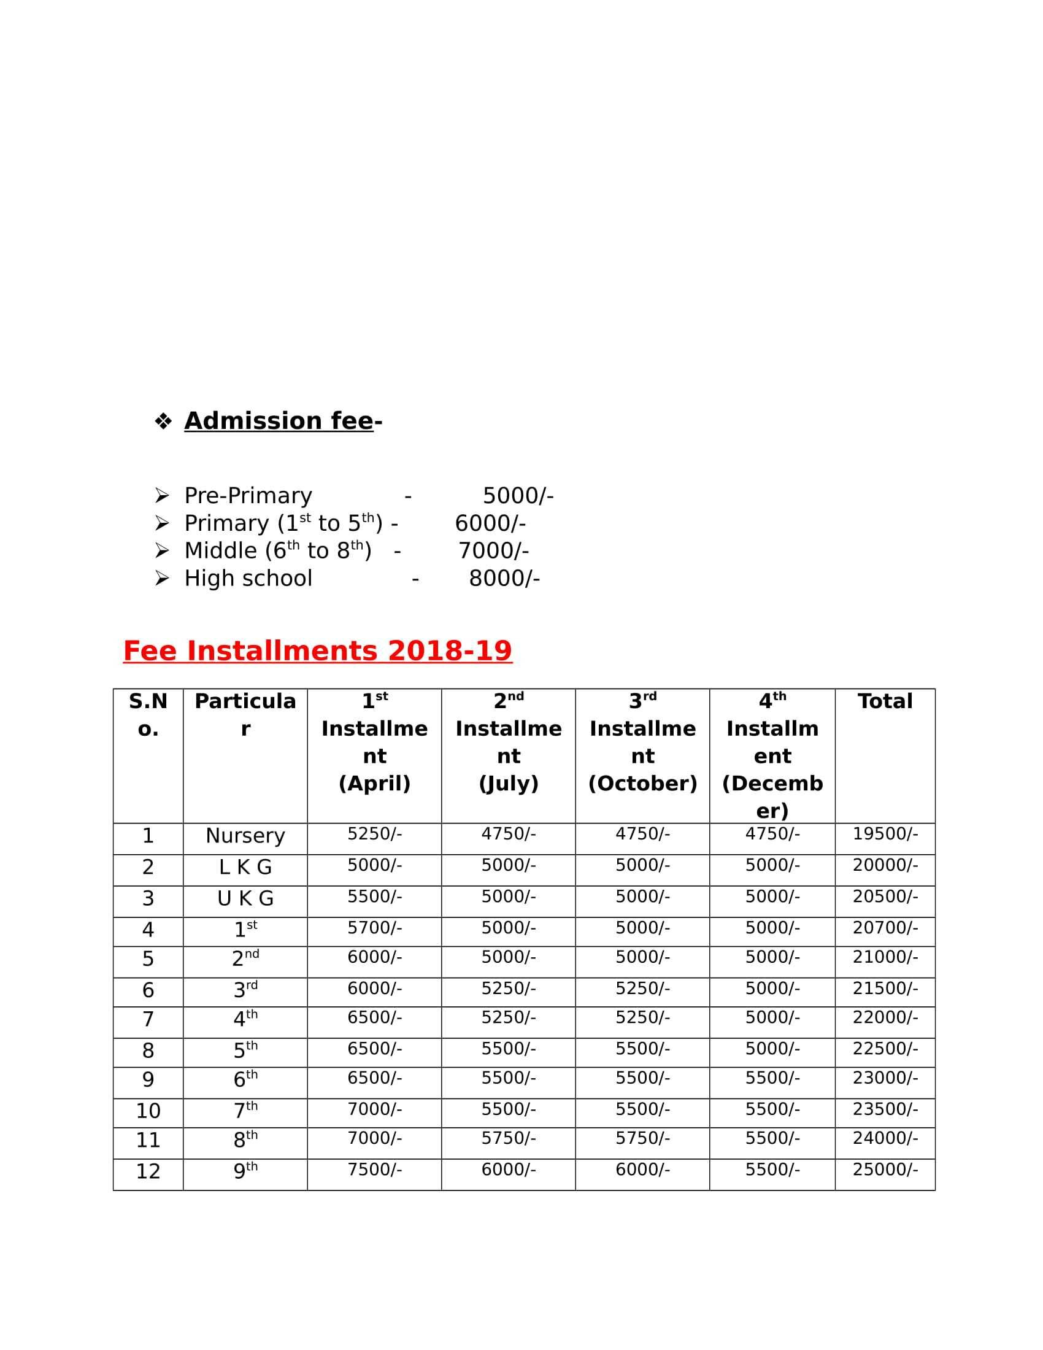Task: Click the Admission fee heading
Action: tap(279, 421)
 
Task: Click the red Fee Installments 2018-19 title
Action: tap(318, 650)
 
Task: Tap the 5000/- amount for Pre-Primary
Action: tap(518, 496)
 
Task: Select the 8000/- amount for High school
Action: tap(504, 578)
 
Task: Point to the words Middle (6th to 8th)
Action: tap(277, 550)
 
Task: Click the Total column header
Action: tap(885, 701)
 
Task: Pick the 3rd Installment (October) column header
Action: tap(642, 742)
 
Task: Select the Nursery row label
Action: tap(245, 836)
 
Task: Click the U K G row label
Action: tap(245, 899)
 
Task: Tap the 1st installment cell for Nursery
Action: tap(374, 834)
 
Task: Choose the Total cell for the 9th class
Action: tap(885, 1170)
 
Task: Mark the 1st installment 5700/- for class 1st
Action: tap(374, 928)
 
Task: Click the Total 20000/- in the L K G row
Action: tap(885, 865)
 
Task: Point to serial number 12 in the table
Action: tap(148, 1171)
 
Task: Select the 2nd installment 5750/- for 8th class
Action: tap(509, 1138)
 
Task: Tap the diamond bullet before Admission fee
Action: tap(163, 422)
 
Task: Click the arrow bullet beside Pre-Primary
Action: tap(162, 496)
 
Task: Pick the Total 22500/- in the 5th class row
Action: tap(885, 1049)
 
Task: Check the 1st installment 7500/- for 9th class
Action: tap(374, 1170)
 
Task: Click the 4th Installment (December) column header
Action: tap(772, 755)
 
